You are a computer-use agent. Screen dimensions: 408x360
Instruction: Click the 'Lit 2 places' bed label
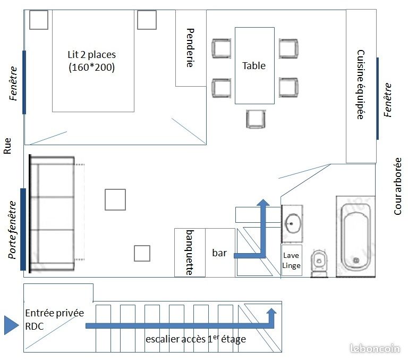coord(91,55)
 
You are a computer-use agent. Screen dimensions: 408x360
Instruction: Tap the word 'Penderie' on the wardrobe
coord(191,48)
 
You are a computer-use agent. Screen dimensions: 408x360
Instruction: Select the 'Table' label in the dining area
coord(254,65)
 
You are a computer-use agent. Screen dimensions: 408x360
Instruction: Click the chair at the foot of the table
coord(256,119)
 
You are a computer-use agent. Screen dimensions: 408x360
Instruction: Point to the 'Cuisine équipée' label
coord(361,85)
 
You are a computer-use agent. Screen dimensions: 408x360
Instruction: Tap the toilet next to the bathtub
coord(319,263)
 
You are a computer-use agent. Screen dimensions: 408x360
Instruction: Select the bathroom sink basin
coord(293,223)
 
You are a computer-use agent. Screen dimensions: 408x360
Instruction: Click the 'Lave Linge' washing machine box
coord(292,260)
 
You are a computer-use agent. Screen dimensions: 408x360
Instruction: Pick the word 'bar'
coord(219,253)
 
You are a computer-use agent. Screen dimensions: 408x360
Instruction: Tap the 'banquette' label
coord(190,253)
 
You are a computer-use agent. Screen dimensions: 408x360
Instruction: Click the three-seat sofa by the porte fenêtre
coord(53,214)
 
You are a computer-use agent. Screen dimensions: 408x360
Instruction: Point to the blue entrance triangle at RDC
coord(12,325)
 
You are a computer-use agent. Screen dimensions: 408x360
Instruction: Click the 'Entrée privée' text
coord(54,313)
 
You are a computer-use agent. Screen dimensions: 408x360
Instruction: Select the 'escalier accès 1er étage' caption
coord(195,339)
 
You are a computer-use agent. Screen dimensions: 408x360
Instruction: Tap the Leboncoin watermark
coord(375,348)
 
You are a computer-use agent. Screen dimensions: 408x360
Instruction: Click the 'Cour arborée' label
coord(397,186)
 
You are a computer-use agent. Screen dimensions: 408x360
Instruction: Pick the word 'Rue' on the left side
coord(7,146)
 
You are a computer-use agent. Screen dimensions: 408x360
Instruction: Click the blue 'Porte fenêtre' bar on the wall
coord(23,229)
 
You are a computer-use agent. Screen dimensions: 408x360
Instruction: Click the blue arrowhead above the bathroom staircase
coord(263,203)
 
